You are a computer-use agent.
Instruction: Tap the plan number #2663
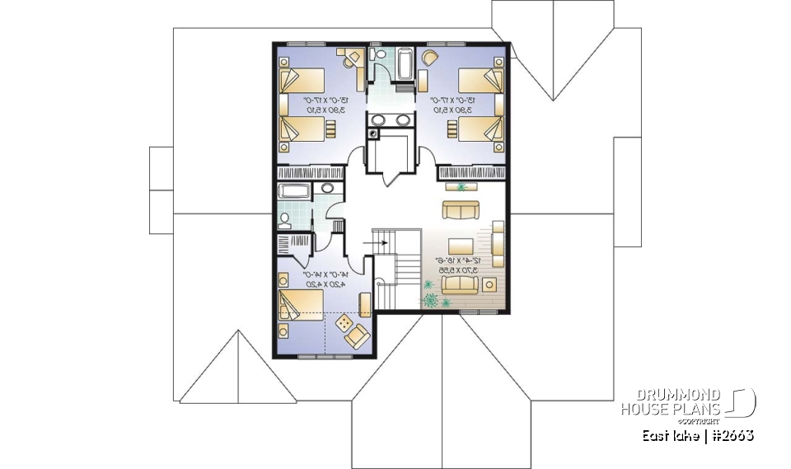pyautogui.click(x=732, y=435)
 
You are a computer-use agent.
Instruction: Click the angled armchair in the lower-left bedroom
pyautogui.click(x=358, y=335)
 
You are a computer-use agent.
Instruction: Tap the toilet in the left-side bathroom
pyautogui.click(x=285, y=219)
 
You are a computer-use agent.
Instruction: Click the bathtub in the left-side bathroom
pyautogui.click(x=294, y=192)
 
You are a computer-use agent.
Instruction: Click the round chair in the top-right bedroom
pyautogui.click(x=431, y=58)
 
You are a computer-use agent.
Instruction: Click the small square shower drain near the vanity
pyautogui.click(x=376, y=130)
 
